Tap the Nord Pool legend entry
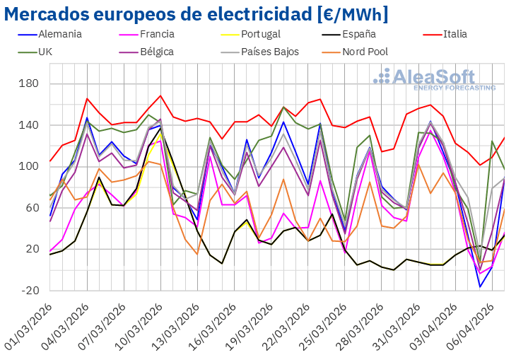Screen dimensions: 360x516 click(x=365, y=52)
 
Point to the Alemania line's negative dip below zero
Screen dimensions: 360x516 click(x=480, y=286)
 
